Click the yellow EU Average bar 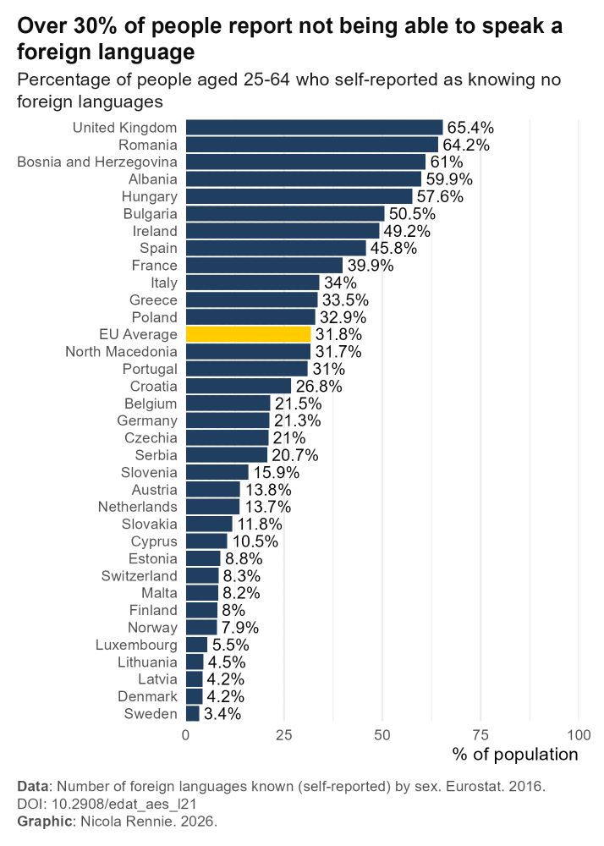pos(248,334)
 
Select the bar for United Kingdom pos(314,128)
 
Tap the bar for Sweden pos(193,714)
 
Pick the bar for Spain pos(276,248)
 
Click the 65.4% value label pos(470,128)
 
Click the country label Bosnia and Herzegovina pos(97,162)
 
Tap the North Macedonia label pos(121,352)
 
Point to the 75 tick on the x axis pos(480,733)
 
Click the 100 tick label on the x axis pos(579,733)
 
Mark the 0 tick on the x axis pos(186,733)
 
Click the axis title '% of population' pos(515,754)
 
